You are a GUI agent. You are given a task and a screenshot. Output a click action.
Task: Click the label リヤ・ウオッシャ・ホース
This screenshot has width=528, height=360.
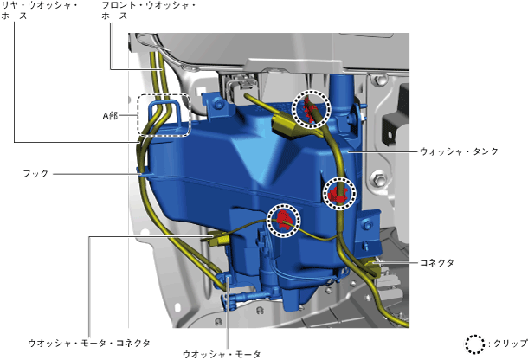tap(40, 10)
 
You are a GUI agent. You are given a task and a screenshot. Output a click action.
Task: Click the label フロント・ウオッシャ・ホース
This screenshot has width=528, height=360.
tap(149, 10)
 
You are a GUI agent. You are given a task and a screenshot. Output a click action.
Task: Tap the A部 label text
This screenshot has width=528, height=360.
tap(110, 116)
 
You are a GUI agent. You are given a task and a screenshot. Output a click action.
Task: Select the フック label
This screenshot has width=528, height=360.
tap(35, 174)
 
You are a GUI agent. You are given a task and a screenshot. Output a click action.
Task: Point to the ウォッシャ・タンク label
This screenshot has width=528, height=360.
tap(459, 151)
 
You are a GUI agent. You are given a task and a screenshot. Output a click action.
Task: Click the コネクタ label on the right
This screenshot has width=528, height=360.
tap(437, 262)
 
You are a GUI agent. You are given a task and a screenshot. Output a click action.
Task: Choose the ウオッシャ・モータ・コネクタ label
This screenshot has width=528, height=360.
tap(89, 344)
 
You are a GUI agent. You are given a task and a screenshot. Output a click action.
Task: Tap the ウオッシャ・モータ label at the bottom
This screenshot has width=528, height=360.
tap(222, 354)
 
